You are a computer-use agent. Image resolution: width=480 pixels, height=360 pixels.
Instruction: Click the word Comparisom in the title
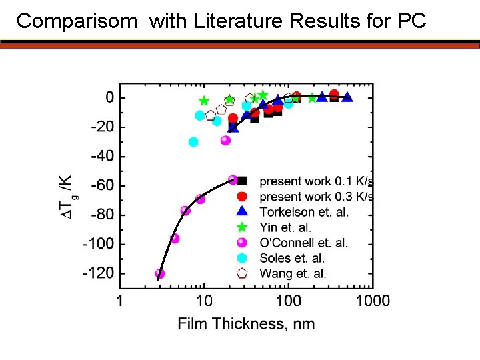pos(75,21)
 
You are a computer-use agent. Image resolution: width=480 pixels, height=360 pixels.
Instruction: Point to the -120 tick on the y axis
pos(97,273)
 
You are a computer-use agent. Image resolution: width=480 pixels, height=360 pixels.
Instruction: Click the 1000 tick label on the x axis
pos(372,301)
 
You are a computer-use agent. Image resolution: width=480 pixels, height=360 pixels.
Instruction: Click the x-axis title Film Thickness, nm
pos(246,324)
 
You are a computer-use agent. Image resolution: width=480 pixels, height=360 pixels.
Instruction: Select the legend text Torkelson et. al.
pos(304,212)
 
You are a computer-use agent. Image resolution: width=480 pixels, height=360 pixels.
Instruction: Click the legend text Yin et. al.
pos(285,227)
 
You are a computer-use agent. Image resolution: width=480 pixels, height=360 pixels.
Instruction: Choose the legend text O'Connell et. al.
pos(303,243)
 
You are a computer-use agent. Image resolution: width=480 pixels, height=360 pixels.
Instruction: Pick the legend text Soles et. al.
pos(291,258)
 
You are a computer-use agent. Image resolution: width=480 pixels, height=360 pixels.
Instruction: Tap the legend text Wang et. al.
pos(293,273)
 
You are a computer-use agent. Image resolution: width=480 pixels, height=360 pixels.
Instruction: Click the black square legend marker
pos(243,181)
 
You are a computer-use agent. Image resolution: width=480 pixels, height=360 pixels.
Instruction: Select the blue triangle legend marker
pos(243,211)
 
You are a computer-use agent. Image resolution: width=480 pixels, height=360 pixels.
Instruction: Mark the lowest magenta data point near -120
pos(159,273)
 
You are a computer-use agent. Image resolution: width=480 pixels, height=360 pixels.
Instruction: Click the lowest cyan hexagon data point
pos(193,142)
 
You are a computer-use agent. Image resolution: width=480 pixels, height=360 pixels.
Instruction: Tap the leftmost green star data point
pos(204,101)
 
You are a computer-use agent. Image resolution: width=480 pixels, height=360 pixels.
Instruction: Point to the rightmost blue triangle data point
pos(347,97)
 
